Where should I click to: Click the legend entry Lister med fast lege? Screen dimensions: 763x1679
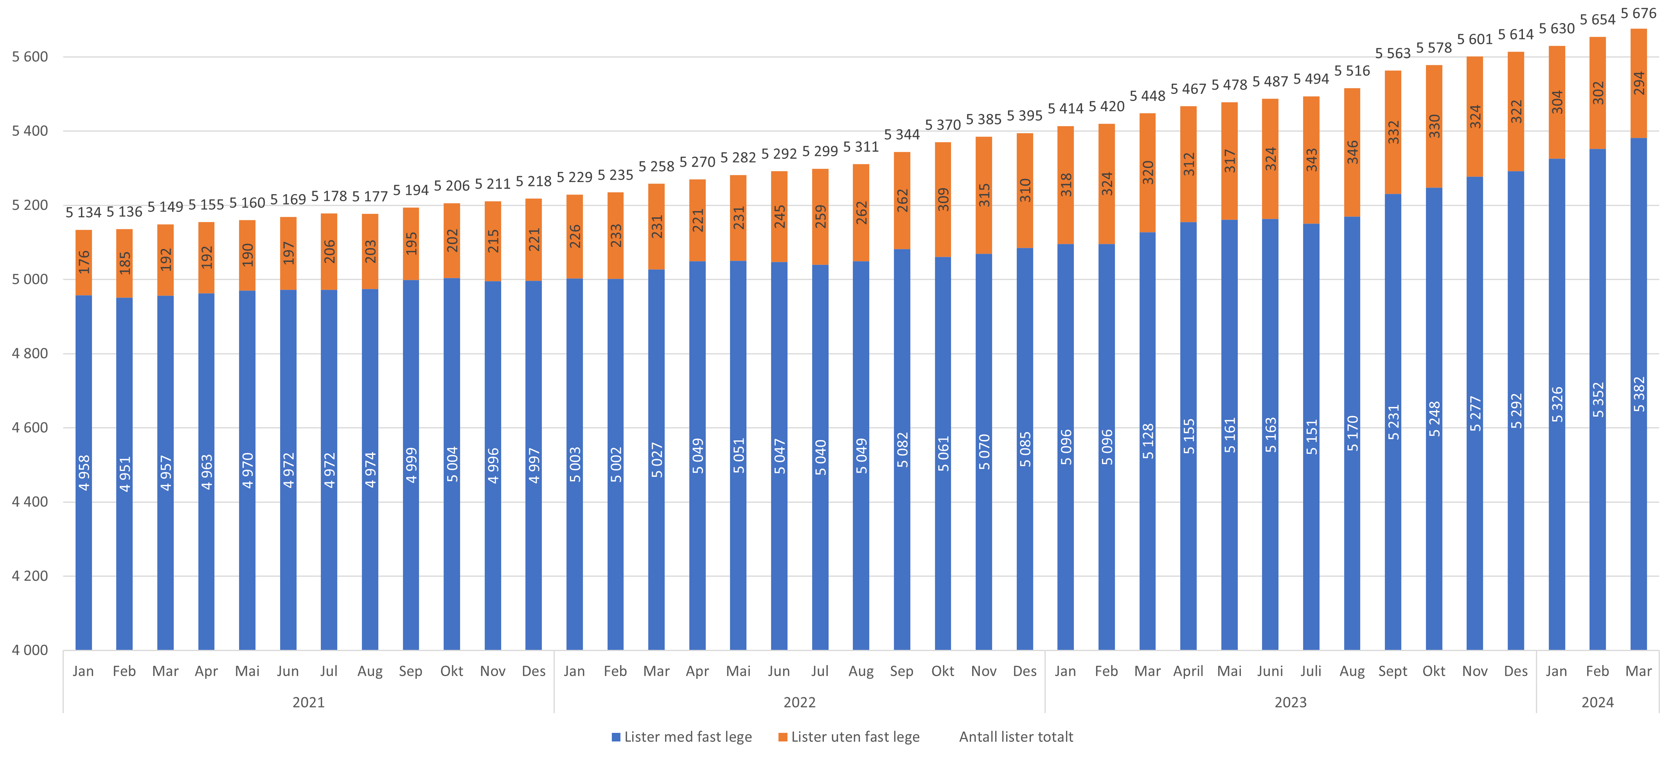[688, 737]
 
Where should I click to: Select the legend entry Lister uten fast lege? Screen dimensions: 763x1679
[854, 737]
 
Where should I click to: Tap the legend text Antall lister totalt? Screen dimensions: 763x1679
[1016, 737]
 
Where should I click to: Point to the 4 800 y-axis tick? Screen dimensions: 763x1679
[30, 354]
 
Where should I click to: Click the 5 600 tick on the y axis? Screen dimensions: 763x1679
[30, 57]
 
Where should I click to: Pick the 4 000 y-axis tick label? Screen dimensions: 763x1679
[30, 650]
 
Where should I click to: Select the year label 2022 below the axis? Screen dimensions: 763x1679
[799, 702]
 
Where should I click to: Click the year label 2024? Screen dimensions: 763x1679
[1598, 702]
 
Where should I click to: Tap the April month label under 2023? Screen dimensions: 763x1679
[1188, 671]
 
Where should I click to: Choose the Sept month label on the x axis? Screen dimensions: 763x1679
[1393, 671]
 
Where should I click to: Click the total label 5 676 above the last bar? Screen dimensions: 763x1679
[1639, 13]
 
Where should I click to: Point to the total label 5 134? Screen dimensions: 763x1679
[83, 213]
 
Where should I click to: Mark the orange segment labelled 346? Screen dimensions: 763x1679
[1352, 152]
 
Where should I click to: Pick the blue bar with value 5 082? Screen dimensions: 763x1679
[902, 450]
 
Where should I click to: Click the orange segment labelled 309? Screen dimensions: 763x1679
[943, 199]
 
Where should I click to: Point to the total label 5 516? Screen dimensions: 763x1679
[1352, 70]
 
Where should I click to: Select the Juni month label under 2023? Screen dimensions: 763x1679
[1270, 671]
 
